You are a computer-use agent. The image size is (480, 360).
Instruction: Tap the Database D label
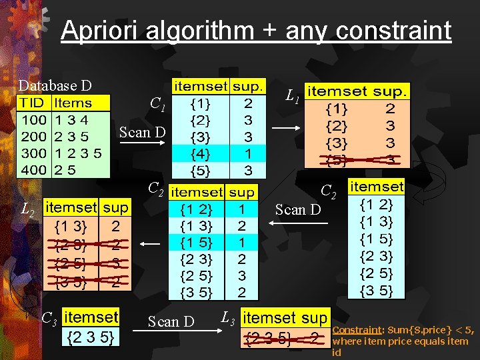[55, 85]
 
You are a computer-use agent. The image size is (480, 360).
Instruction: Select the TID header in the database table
[32, 103]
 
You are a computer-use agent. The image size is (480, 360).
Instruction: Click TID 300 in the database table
[33, 153]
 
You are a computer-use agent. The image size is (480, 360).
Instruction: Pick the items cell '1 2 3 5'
[78, 153]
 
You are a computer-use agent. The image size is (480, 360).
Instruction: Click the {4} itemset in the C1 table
[199, 153]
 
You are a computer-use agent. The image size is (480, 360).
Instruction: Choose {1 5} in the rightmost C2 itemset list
[376, 239]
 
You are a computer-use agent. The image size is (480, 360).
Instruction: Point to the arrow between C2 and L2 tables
[151, 245]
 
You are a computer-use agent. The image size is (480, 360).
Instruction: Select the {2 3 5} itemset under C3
[92, 337]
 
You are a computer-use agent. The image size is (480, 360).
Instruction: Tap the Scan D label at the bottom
[171, 322]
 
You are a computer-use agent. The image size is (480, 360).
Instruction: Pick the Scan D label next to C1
[142, 132]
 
